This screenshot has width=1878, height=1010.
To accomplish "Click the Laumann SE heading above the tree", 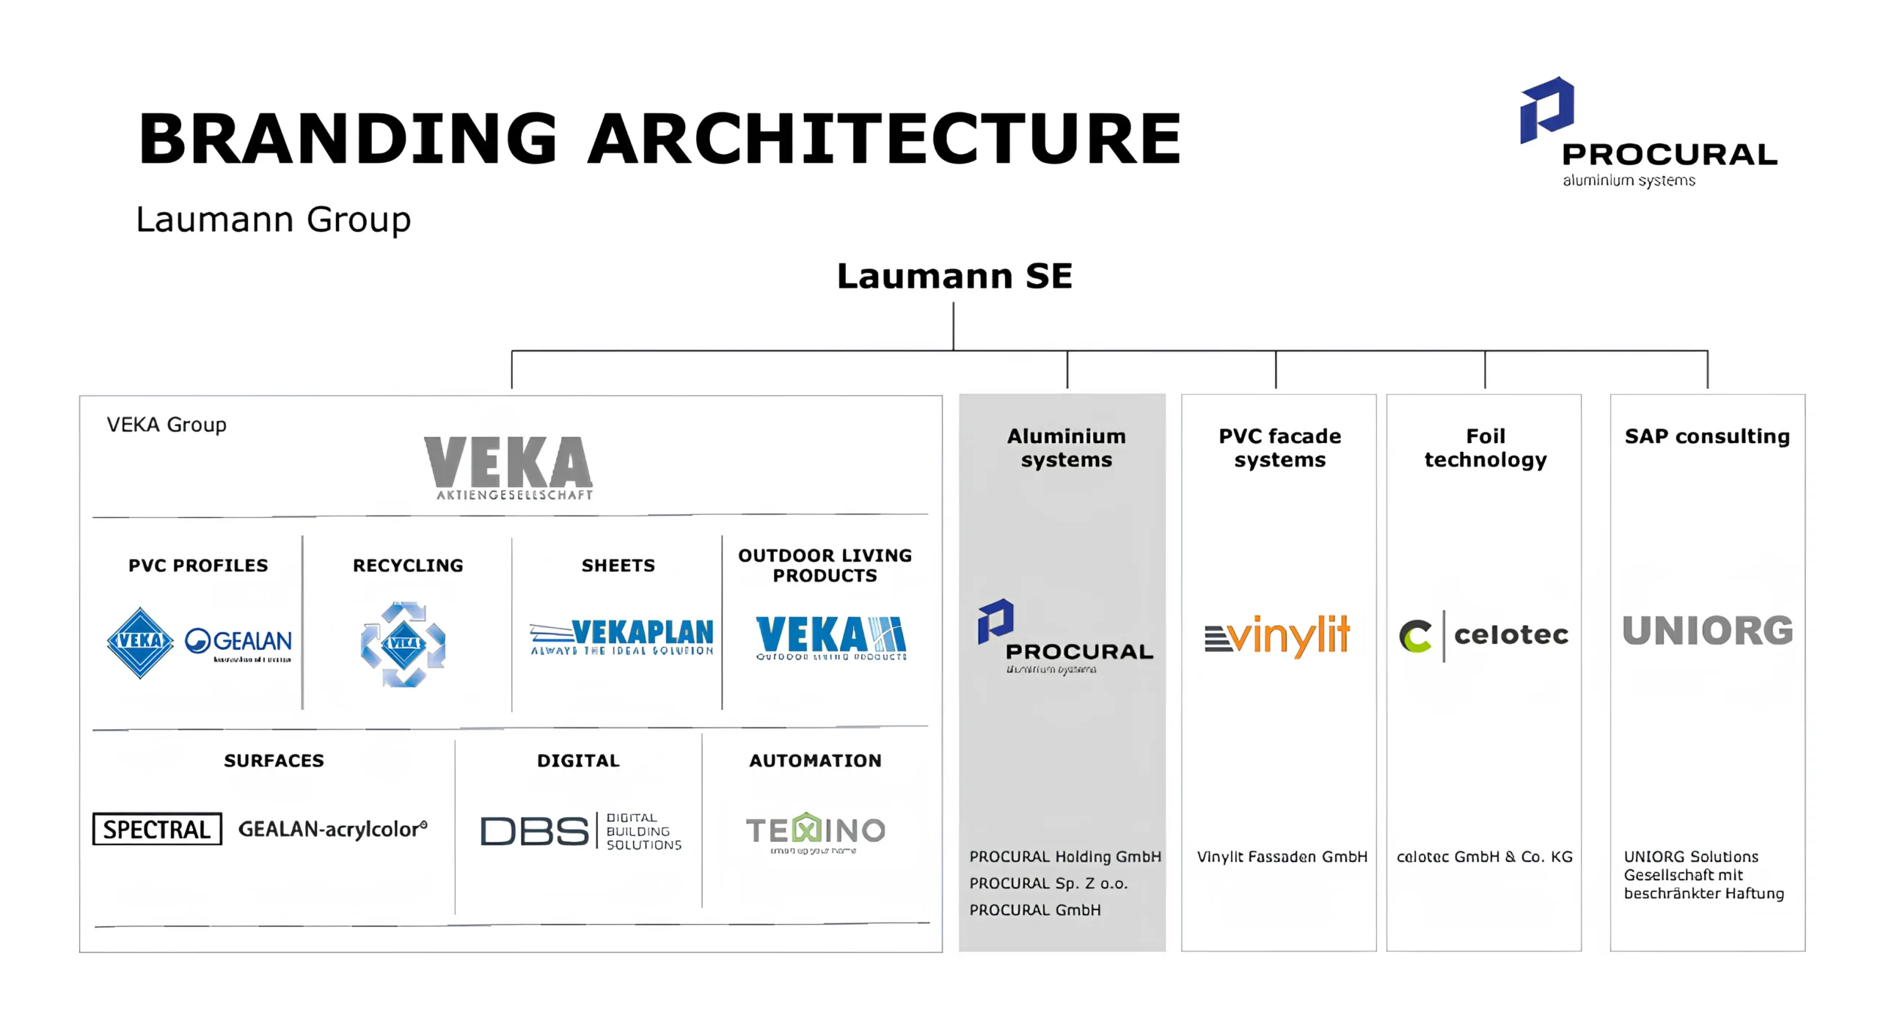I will point(954,277).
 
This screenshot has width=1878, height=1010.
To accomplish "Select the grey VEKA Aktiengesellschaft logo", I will point(508,467).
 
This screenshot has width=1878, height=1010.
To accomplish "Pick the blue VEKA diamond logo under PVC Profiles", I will point(140,642).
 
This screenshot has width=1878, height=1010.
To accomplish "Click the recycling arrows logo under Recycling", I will point(403,644).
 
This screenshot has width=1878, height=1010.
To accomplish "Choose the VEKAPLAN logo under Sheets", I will point(621,637).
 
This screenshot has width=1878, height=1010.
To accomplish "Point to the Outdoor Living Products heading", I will point(825,565).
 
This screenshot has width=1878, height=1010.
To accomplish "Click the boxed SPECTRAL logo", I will point(157,829).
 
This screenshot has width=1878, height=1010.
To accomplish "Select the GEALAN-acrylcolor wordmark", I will point(332,829).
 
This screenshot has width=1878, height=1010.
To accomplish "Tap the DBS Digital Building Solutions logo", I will point(580,831).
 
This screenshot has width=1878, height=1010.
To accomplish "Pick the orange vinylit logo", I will point(1277,635).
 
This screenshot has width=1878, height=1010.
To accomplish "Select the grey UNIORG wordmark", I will point(1707,632).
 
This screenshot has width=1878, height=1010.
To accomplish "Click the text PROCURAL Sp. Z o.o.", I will point(1048,883).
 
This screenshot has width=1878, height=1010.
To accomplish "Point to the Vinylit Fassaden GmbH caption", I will point(1282,857).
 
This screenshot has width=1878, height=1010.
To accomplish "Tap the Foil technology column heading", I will point(1485,447).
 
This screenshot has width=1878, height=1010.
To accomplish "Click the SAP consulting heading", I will point(1707,436).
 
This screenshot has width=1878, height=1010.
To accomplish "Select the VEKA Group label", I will point(167,425).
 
